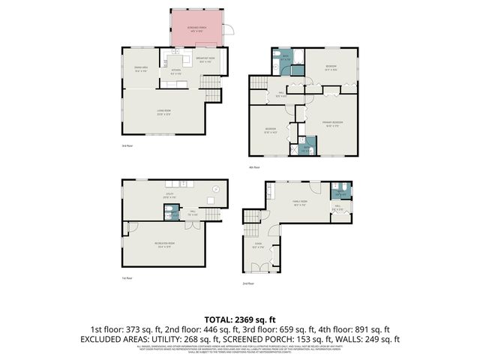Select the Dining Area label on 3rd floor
140,69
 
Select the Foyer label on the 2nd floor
258,244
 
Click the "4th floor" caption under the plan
253,167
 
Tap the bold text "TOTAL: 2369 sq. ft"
239,319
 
